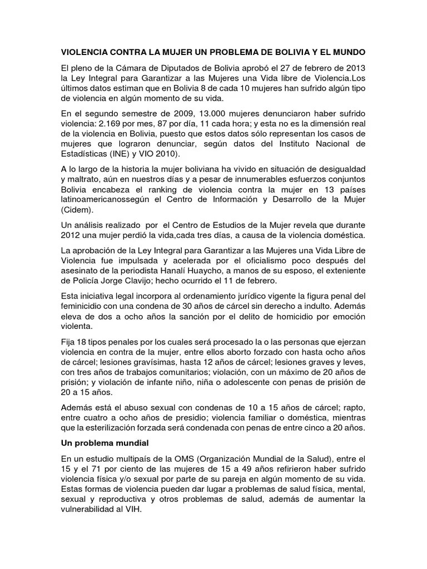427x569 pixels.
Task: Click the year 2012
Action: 71,235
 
